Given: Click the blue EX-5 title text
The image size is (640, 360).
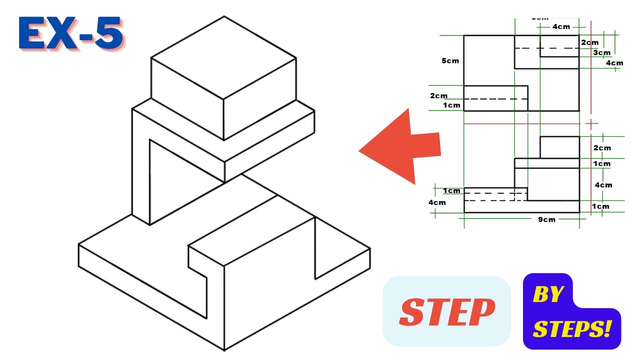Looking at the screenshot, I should tap(70, 34).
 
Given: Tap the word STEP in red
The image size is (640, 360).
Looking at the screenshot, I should tap(447, 312).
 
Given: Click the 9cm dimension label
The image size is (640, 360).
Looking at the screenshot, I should tap(546, 219).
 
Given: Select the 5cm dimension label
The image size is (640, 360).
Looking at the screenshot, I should tap(450, 61).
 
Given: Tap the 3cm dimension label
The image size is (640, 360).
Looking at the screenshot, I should tap(601, 52).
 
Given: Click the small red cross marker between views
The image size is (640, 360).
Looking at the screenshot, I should tap(591, 123).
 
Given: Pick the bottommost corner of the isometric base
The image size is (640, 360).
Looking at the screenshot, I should tap(224, 350).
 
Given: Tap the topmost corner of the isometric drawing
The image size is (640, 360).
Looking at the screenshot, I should tap(224, 16).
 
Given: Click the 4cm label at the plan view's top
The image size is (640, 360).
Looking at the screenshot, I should tap(561, 27).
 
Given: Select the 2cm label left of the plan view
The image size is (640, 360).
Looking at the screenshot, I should tap(438, 95).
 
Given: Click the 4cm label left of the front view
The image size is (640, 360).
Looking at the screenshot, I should tap(436, 202).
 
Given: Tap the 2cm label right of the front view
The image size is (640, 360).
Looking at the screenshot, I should tap(601, 147).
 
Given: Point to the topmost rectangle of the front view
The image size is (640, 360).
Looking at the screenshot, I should tap(559, 147).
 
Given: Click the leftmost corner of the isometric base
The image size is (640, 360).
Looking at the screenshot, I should tap(79, 245).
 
